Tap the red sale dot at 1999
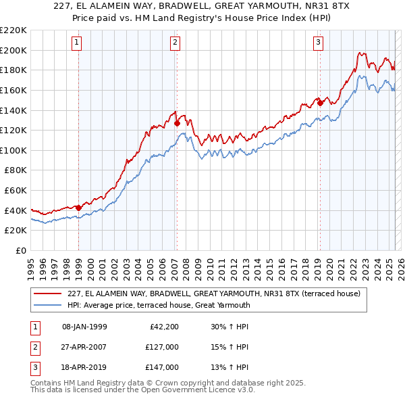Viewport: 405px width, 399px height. click(x=79, y=208)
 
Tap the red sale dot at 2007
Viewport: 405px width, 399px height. click(x=177, y=123)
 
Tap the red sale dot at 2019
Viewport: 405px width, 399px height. click(x=320, y=103)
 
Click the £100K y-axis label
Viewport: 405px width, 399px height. click(x=13, y=150)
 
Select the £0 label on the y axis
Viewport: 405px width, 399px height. click(x=20, y=250)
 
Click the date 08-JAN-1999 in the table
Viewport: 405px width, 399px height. click(x=84, y=327)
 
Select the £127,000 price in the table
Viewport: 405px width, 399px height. click(x=161, y=347)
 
